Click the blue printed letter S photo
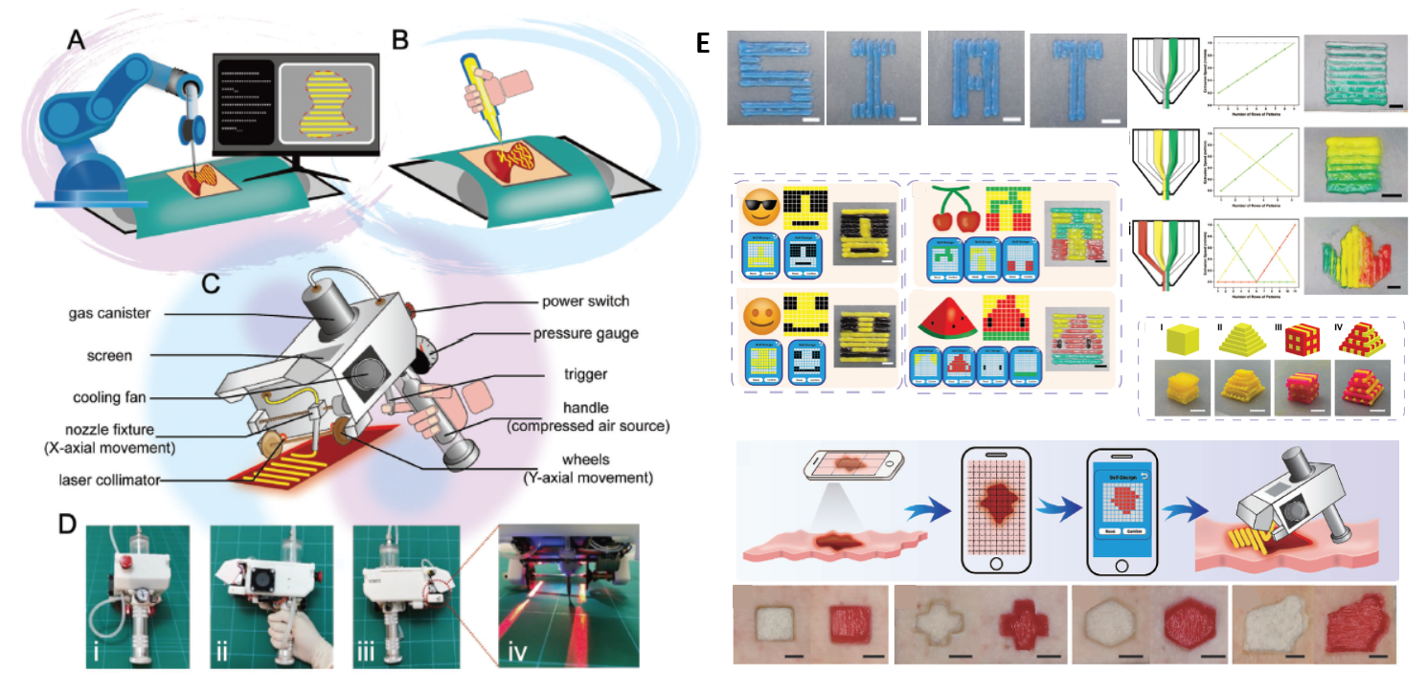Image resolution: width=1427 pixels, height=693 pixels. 775,78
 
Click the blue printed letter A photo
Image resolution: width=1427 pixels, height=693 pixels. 974,78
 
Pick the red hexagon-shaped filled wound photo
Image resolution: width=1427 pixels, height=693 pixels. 1188,631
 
